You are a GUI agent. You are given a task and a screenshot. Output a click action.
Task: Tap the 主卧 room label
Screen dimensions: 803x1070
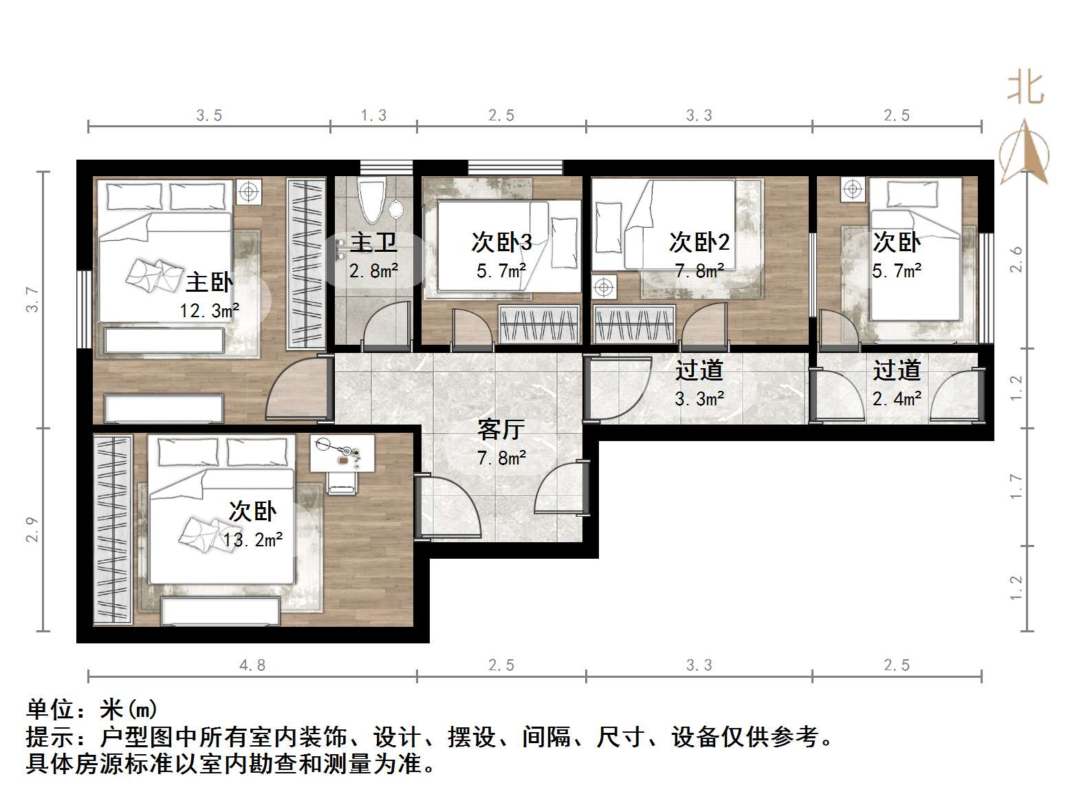209,282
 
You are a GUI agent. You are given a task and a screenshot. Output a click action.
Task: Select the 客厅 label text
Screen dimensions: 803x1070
501,429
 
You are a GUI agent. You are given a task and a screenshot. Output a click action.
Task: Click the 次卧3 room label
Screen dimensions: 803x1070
501,242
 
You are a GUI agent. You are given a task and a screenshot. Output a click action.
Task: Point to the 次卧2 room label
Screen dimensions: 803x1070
699,242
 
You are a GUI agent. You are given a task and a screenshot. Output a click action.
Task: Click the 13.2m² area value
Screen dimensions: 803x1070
252,540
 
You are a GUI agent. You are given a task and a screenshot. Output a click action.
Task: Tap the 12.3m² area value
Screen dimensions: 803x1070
209,311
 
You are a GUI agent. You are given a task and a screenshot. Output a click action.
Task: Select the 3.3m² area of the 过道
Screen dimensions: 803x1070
699,399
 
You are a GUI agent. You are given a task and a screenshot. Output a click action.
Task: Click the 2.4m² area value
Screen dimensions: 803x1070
897,399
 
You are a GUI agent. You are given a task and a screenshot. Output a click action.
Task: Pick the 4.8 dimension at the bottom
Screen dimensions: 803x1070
252,665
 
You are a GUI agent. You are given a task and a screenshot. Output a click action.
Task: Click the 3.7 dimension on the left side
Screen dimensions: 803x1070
32,299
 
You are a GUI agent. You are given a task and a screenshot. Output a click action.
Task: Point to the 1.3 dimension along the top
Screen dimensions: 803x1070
373,116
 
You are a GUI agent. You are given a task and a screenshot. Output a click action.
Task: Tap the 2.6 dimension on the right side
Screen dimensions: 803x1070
1016,259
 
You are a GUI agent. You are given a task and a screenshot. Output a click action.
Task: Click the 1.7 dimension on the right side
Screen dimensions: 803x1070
1016,487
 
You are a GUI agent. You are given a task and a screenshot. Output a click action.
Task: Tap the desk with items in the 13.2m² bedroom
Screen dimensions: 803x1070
342,453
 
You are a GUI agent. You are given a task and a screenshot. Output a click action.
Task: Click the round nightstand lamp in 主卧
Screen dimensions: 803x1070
249,191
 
